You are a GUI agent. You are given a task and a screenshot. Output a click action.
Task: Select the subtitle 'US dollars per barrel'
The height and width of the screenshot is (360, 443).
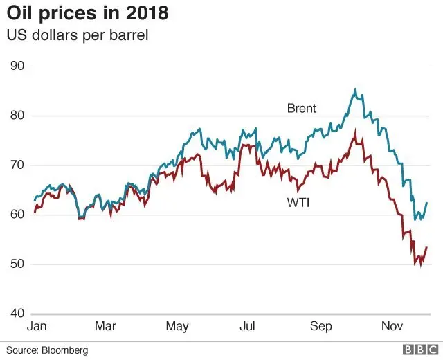point(78,35)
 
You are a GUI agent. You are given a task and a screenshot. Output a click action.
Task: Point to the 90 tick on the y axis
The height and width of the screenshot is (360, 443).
point(16,66)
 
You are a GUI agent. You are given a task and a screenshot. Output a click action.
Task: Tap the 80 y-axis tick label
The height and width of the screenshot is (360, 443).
point(16,116)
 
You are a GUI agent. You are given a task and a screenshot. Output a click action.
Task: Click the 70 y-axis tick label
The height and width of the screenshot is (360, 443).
point(16,165)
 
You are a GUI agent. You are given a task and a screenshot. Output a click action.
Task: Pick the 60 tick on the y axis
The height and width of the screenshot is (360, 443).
point(16,215)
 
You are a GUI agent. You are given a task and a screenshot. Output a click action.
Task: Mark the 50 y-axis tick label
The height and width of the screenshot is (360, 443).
point(16,264)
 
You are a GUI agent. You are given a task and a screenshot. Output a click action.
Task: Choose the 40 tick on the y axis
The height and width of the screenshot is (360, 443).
point(16,314)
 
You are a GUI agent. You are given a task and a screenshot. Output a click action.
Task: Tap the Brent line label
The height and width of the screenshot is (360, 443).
point(302,108)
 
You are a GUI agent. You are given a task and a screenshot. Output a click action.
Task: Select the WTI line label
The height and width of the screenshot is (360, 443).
point(298,203)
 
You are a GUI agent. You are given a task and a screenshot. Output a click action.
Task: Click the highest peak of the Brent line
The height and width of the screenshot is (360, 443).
point(355,89)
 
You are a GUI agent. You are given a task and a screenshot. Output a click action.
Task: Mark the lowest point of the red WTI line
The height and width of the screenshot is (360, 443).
point(420,265)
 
